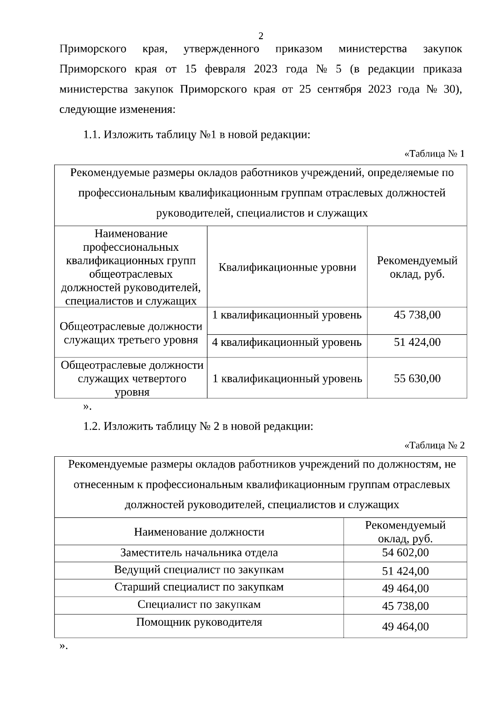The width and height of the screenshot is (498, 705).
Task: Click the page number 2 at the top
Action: coord(261,36)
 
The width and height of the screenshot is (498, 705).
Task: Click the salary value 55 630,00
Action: coord(417,378)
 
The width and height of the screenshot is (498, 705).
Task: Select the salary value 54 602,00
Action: coord(405,553)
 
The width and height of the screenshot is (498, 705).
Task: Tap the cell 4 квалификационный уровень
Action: coord(287,343)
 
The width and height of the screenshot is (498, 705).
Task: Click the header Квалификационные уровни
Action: coord(287,267)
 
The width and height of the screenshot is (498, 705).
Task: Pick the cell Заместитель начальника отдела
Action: coord(199,553)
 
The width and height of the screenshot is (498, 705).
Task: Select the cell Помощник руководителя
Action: coord(199,622)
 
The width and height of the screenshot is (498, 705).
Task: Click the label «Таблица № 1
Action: coord(434,154)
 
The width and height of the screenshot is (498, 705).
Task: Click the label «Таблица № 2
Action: coord(434,446)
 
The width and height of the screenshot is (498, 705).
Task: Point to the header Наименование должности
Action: coord(199,532)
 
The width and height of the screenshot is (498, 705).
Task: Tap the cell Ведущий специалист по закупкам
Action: coord(199,570)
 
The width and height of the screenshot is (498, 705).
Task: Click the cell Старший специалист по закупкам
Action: coord(199,587)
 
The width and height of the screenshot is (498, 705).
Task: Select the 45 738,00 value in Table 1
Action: coord(417,315)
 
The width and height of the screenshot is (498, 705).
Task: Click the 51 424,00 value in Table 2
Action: coord(405,571)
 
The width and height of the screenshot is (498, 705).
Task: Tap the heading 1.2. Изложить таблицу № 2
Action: coord(198,426)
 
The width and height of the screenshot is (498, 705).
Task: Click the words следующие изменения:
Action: coord(117,110)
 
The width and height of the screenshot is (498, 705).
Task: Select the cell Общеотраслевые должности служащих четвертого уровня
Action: coord(132,378)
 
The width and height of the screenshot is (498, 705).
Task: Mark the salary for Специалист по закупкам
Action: coord(405,606)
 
